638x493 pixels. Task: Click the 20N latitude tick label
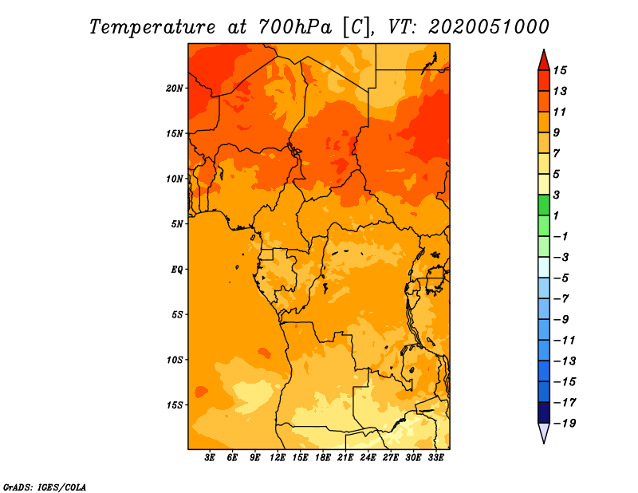[x=175, y=89]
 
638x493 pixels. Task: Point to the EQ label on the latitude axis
[x=177, y=270]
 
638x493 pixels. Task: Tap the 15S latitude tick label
[x=175, y=405]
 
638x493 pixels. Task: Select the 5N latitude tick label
[x=177, y=224]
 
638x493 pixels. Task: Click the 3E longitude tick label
[x=210, y=457]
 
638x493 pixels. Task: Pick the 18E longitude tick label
[x=323, y=457]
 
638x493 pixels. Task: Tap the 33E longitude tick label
[x=435, y=457]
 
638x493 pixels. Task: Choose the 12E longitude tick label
[x=278, y=457]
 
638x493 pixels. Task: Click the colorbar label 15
[x=560, y=70]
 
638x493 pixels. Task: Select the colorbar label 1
[x=556, y=215]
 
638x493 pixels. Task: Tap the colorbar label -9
[x=561, y=320]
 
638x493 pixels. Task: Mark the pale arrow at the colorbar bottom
[x=544, y=432]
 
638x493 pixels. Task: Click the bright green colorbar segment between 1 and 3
[x=544, y=205]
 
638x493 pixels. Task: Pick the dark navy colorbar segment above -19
[x=544, y=412]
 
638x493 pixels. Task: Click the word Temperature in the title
[x=152, y=27]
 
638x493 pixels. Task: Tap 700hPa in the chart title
[x=295, y=27]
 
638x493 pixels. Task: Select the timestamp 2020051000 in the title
[x=488, y=27]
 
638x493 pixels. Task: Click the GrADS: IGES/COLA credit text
[x=45, y=487]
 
